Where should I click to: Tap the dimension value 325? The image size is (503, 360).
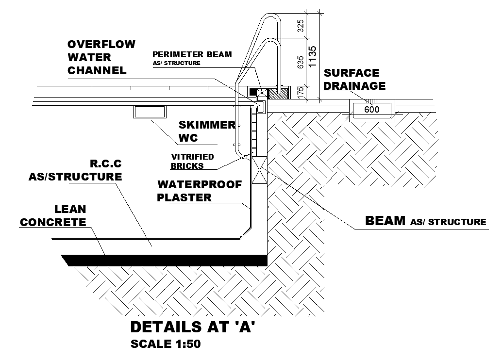(301, 26)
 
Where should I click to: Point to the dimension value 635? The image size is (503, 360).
(301, 62)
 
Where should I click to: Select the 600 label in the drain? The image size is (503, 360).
(371, 110)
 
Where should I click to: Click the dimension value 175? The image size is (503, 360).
(301, 92)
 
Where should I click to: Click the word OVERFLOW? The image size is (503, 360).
(101, 45)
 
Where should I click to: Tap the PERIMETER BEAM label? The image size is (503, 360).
(192, 54)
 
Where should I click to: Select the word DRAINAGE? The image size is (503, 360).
(354, 86)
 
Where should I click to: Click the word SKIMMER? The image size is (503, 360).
(207, 125)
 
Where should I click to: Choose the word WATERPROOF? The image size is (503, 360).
(199, 184)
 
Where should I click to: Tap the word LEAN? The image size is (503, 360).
(70, 210)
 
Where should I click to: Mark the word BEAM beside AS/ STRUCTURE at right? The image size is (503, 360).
(385, 221)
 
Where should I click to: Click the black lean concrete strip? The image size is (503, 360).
(165, 260)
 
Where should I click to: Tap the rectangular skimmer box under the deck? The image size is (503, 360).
(149, 112)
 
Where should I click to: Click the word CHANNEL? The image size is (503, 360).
(97, 70)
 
